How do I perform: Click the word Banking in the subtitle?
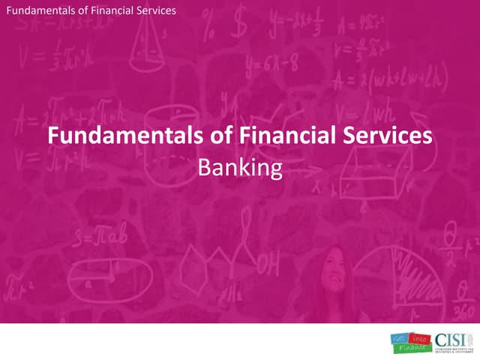click(239, 169)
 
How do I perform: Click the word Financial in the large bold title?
click(256, 136)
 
